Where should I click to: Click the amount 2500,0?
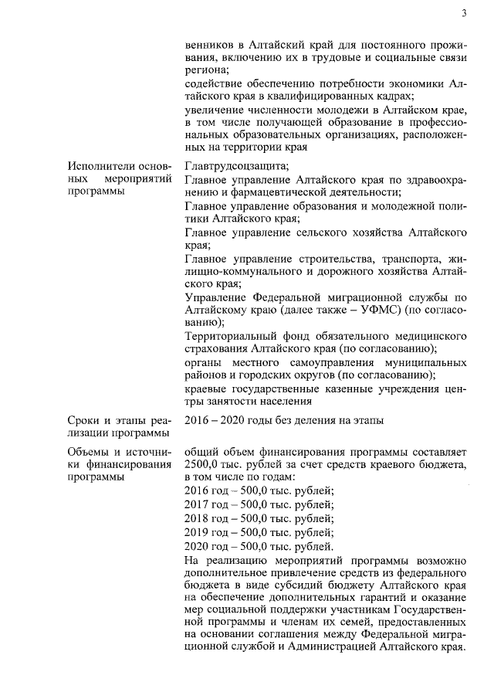(x=202, y=464)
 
